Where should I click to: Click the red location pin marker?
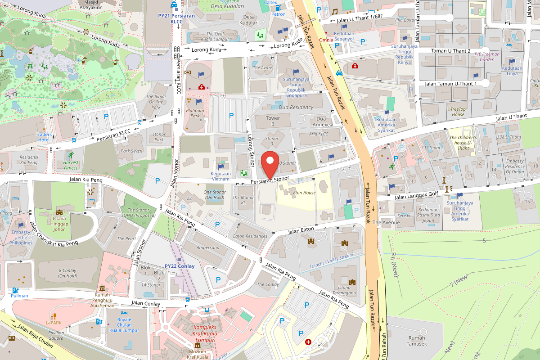pyautogui.click(x=270, y=165)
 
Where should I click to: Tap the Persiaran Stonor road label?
pyautogui.click(x=270, y=179)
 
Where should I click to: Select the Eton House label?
pyautogui.click(x=304, y=193)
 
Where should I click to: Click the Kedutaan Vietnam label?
pyautogui.click(x=220, y=176)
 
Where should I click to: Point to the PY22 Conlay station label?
pyautogui.click(x=180, y=266)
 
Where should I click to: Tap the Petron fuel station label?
pyautogui.click(x=278, y=14)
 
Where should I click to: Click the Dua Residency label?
pyautogui.click(x=296, y=108)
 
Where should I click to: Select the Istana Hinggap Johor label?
pyautogui.click(x=59, y=224)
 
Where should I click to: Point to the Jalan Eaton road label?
pyautogui.click(x=301, y=231)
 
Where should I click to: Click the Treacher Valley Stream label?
pyautogui.click(x=331, y=261)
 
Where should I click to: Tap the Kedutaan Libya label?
pyautogui.click(x=512, y=71)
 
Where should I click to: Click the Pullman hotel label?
pyautogui.click(x=20, y=296)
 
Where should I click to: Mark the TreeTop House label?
pyautogui.click(x=458, y=112)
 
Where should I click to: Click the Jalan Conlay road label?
pyautogui.click(x=146, y=304)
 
